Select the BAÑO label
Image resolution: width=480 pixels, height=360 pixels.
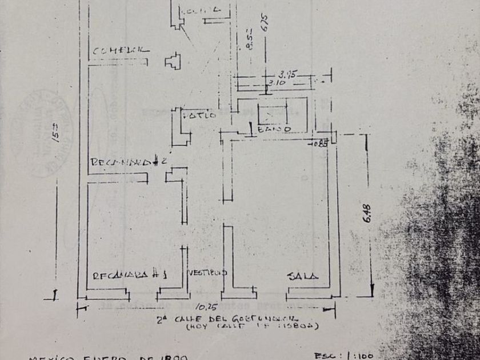pos(275,130)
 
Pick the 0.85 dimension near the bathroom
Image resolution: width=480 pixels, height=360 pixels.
pos(319,143)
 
